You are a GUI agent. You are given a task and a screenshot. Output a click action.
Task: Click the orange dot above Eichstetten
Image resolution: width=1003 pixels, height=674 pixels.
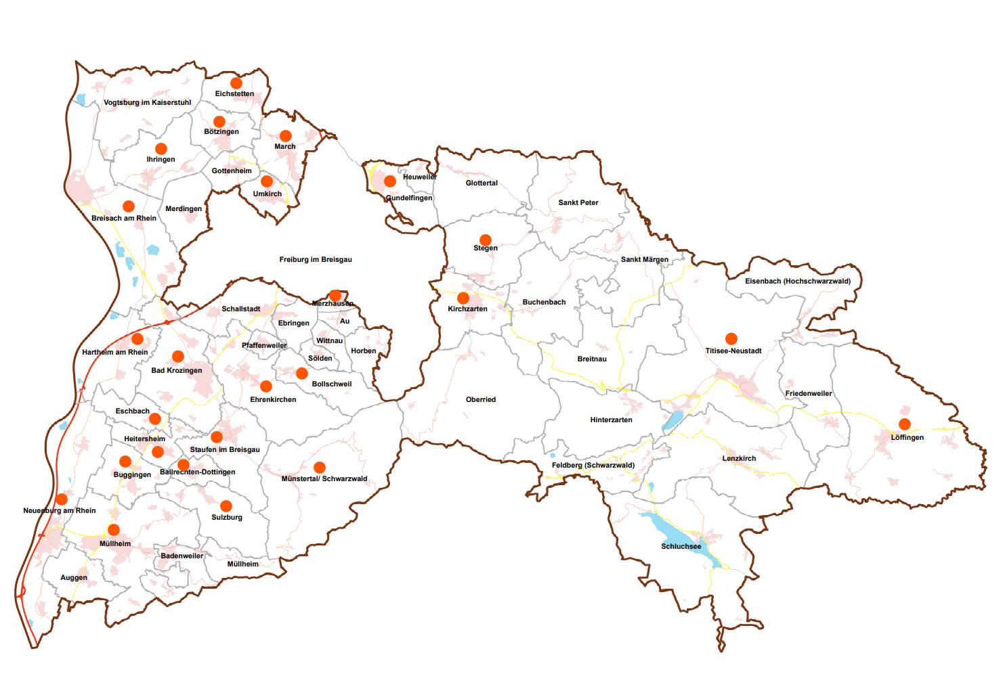click(x=236, y=83)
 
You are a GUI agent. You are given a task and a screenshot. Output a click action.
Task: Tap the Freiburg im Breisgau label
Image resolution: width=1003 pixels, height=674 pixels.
click(x=316, y=259)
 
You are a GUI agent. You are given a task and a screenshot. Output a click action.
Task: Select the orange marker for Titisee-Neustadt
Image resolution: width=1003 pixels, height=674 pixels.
click(x=731, y=338)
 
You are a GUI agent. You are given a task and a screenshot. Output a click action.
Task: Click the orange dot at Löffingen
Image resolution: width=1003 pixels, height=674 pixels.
click(x=904, y=424)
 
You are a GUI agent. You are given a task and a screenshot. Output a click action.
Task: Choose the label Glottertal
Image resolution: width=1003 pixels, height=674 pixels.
click(x=482, y=183)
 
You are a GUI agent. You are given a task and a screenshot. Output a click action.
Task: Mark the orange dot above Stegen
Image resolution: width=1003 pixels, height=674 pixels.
click(x=485, y=240)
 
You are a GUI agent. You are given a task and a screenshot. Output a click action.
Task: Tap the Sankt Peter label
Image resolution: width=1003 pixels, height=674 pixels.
click(x=578, y=202)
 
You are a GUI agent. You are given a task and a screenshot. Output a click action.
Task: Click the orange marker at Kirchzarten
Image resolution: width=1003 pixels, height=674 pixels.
click(x=463, y=298)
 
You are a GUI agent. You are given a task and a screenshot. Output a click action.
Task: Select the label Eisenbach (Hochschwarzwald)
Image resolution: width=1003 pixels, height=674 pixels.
click(x=798, y=281)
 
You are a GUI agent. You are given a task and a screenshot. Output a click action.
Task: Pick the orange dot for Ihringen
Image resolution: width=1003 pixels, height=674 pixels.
click(x=161, y=149)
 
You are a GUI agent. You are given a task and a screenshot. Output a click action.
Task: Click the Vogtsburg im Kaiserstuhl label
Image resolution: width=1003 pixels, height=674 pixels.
click(x=148, y=103)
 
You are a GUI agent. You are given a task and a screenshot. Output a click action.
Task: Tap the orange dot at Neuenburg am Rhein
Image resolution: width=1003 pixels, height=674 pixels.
click(x=62, y=499)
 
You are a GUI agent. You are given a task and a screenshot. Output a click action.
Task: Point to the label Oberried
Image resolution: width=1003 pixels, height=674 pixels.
click(x=481, y=399)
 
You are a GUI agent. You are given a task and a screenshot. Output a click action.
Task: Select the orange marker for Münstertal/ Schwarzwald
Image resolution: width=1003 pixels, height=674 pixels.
click(x=320, y=467)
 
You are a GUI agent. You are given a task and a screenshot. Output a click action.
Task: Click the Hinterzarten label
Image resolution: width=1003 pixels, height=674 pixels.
click(x=611, y=420)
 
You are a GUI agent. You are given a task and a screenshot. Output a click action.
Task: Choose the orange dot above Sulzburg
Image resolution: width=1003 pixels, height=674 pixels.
click(x=226, y=505)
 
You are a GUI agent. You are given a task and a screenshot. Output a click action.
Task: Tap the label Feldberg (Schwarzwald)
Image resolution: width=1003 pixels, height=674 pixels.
click(x=593, y=465)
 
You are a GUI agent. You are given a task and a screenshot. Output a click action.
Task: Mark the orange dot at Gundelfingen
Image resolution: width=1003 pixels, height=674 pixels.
click(x=390, y=181)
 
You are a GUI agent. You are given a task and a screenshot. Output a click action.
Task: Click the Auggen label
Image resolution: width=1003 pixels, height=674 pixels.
click(x=74, y=577)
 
